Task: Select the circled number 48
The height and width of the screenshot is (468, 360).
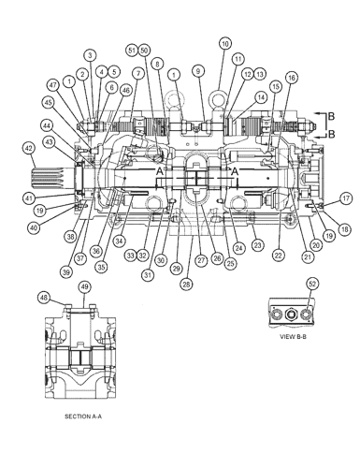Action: [43, 299]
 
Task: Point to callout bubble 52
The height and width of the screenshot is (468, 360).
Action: [312, 283]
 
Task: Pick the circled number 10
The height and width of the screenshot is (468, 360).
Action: [224, 43]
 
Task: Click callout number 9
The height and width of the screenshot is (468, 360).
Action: [197, 70]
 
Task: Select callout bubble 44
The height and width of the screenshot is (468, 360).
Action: [46, 124]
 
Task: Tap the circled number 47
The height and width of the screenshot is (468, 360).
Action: [52, 84]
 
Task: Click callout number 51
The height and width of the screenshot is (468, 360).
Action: [131, 50]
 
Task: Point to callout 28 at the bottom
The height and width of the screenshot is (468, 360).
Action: [185, 283]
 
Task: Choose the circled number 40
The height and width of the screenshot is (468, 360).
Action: [34, 228]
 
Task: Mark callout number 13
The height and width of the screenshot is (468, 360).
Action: [259, 74]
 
